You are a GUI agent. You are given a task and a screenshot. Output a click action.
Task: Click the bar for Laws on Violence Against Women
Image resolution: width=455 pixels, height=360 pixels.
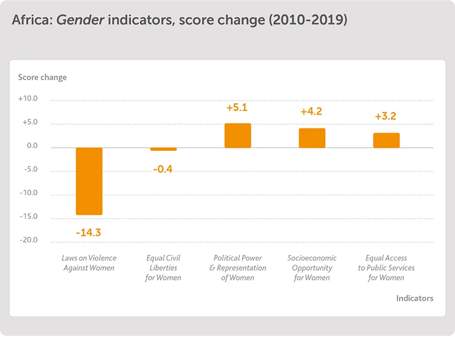[89, 181]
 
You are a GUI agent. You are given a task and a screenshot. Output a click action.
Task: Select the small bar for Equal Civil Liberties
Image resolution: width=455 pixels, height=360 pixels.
[163, 149]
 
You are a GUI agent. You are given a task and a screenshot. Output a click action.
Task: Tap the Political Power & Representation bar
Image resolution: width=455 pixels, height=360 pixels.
[238, 136]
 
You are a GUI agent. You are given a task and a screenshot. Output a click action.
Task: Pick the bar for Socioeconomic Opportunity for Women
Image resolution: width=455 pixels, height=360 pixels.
[312, 138]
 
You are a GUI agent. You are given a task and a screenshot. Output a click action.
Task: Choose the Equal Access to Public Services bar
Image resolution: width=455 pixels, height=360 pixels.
[386, 140]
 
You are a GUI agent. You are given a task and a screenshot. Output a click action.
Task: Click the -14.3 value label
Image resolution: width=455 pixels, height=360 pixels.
[88, 233]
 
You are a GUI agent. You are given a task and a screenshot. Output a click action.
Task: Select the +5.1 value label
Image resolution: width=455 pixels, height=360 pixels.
[237, 108]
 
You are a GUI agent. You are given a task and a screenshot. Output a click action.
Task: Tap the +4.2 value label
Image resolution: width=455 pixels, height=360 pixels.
[311, 112]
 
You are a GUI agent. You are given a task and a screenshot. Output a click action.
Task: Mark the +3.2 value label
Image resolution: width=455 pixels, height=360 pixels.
[385, 116]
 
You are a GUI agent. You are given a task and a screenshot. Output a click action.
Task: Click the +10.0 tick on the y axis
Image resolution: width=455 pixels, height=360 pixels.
[28, 98]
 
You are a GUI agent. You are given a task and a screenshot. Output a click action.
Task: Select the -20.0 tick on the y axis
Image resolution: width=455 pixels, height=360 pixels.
[28, 240]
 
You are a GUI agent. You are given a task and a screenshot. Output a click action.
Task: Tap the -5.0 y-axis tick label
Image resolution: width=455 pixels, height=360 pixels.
[29, 169]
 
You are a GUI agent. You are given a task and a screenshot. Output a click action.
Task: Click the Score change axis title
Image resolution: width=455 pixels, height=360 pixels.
[42, 77]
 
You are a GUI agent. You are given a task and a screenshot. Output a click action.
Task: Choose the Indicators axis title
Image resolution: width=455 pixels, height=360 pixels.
[414, 298]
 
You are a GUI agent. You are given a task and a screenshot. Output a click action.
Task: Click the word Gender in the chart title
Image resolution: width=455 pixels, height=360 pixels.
[80, 20]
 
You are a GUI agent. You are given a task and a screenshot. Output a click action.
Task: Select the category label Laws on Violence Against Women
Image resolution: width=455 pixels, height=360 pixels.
[89, 263]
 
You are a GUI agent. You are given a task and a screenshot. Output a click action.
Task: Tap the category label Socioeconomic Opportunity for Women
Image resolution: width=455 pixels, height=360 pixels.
[312, 267]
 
